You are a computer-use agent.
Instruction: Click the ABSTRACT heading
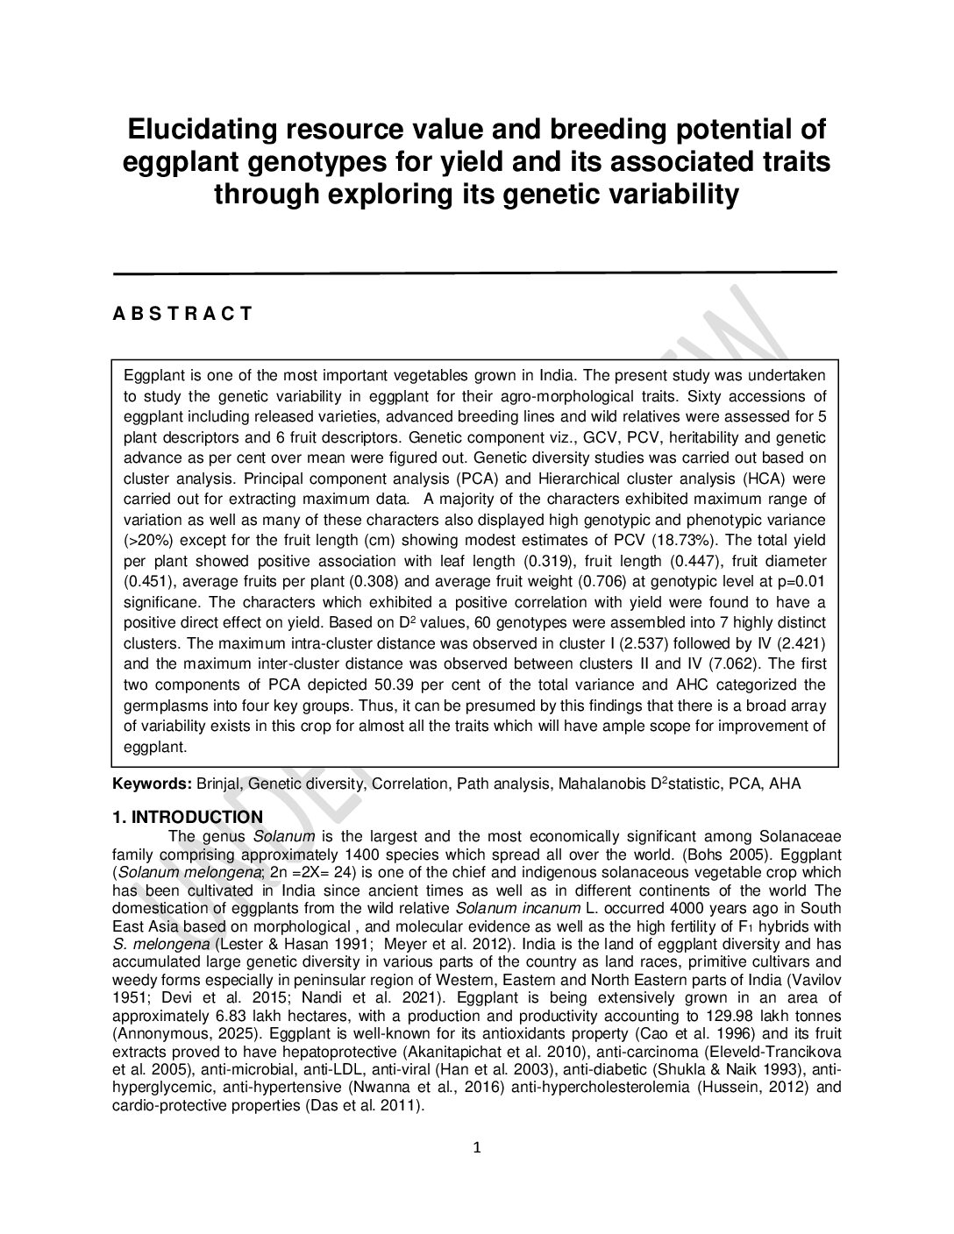point(182,314)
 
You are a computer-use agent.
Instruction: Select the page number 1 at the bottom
point(477,1148)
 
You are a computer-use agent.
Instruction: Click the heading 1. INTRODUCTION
point(188,818)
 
